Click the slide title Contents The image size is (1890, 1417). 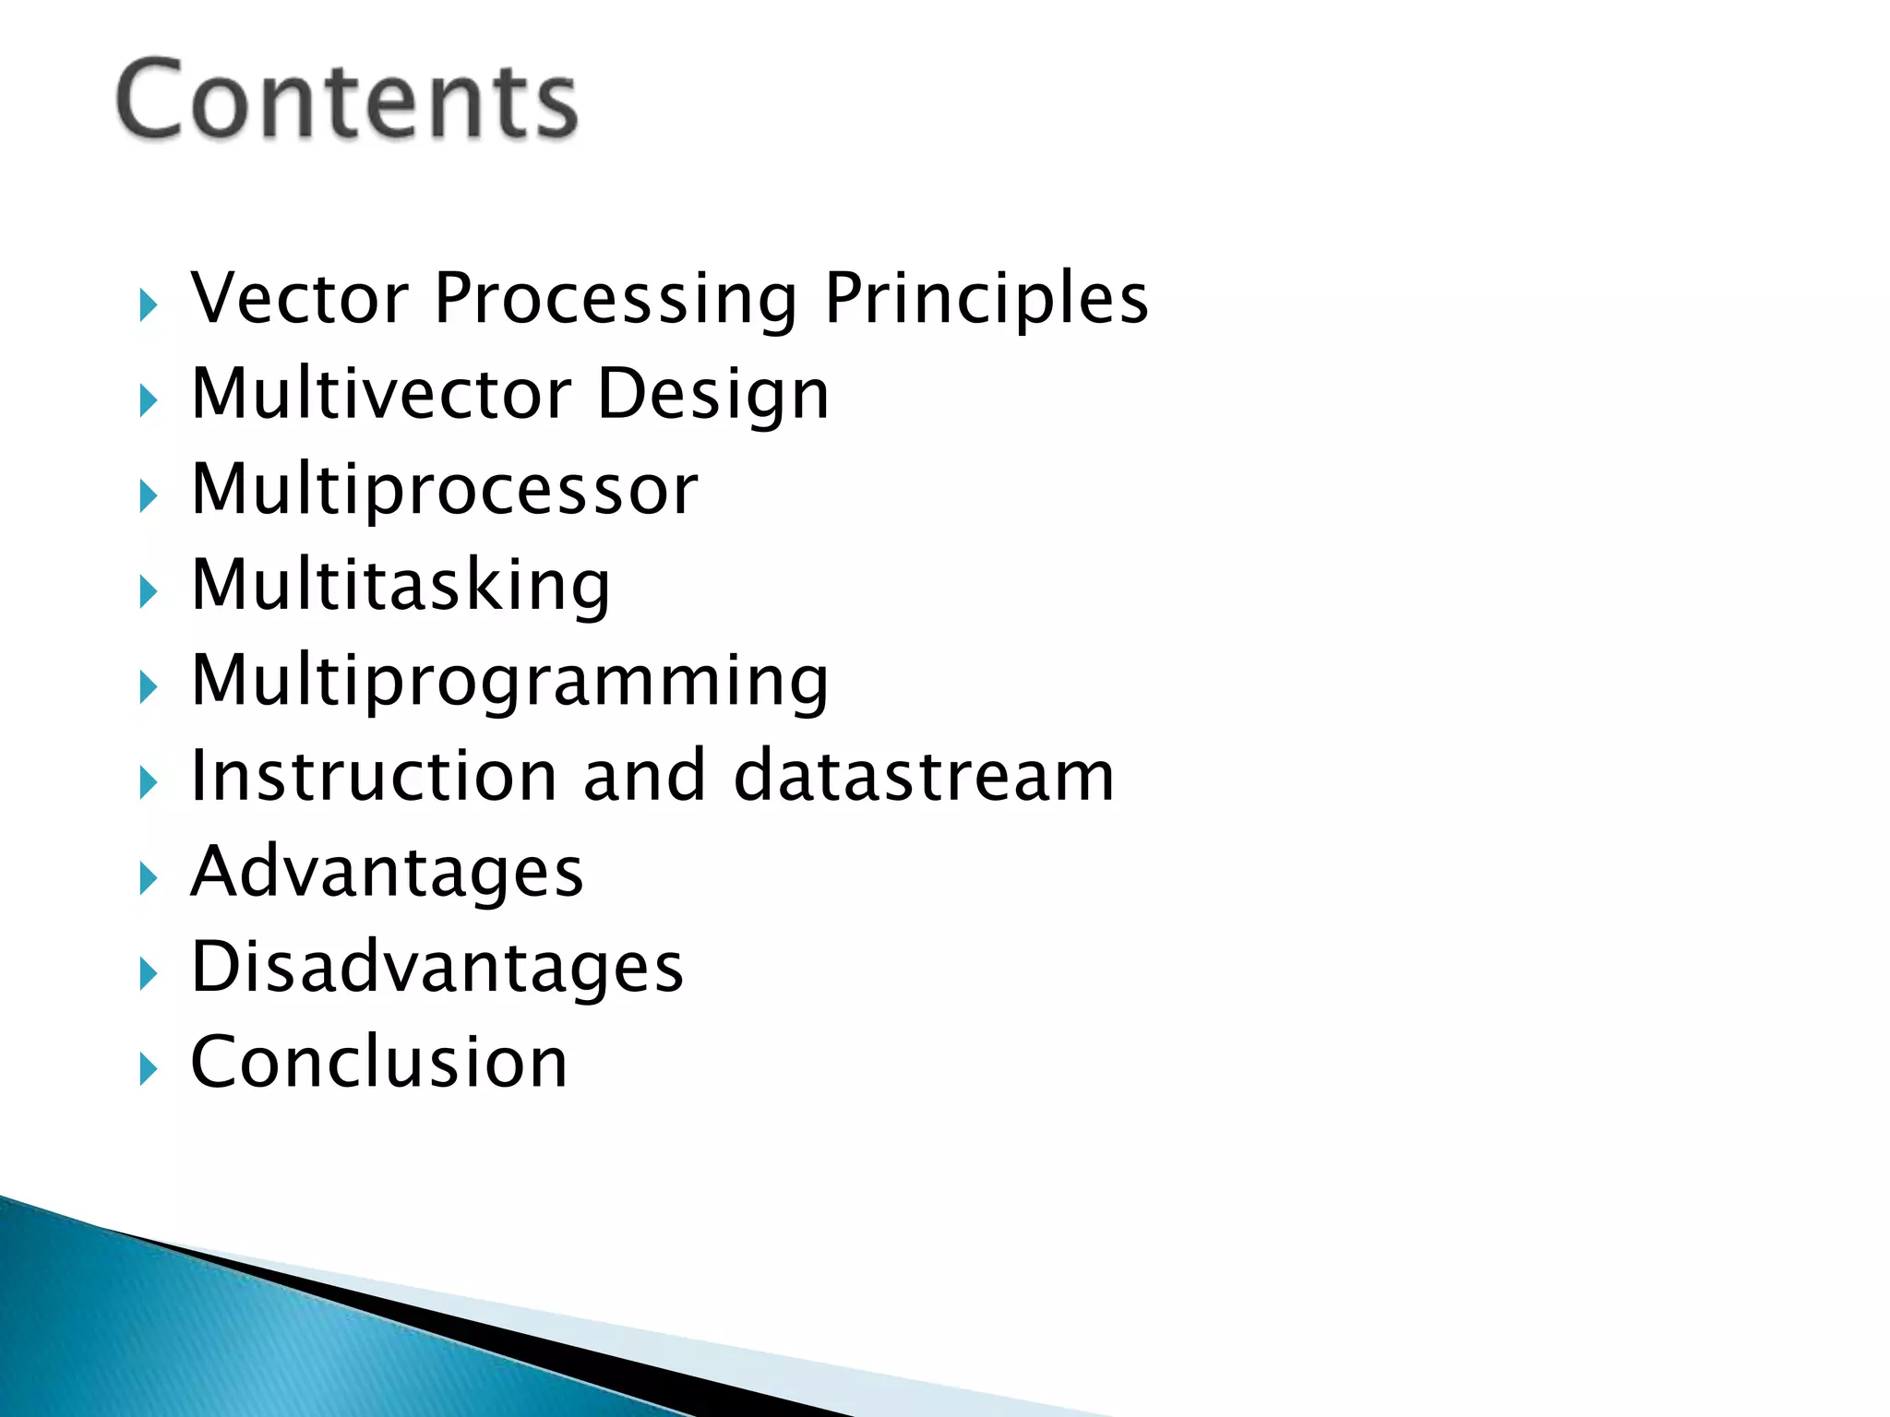pyautogui.click(x=347, y=100)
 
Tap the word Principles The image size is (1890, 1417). pyautogui.click(x=986, y=301)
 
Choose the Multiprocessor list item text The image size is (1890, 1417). pyautogui.click(x=444, y=491)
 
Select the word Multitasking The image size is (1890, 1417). pyautogui.click(x=401, y=586)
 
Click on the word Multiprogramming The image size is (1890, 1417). pyautogui.click(x=509, y=683)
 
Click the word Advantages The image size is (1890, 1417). pyautogui.click(x=387, y=874)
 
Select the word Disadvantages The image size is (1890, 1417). pyautogui.click(x=437, y=968)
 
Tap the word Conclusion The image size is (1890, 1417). pyautogui.click(x=378, y=1063)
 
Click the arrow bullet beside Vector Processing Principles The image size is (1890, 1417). pyautogui.click(x=148, y=305)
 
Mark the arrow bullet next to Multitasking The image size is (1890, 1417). pyautogui.click(x=148, y=592)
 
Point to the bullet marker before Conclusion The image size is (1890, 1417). pyautogui.click(x=148, y=1070)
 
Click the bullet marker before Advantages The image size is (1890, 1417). pyautogui.click(x=148, y=879)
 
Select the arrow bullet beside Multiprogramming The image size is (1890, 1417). pyautogui.click(x=148, y=688)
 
